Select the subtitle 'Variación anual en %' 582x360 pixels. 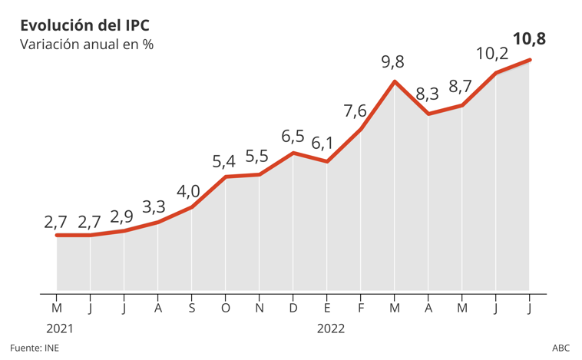pos(86,45)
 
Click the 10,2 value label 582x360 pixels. pos(491,54)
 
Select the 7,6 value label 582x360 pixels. pos(355,111)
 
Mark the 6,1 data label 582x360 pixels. pos(322,143)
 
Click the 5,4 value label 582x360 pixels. pos(223,161)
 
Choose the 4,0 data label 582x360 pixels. pos(189,190)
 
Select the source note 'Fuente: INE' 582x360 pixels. pos(35,348)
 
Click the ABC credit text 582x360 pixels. pos(561,348)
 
